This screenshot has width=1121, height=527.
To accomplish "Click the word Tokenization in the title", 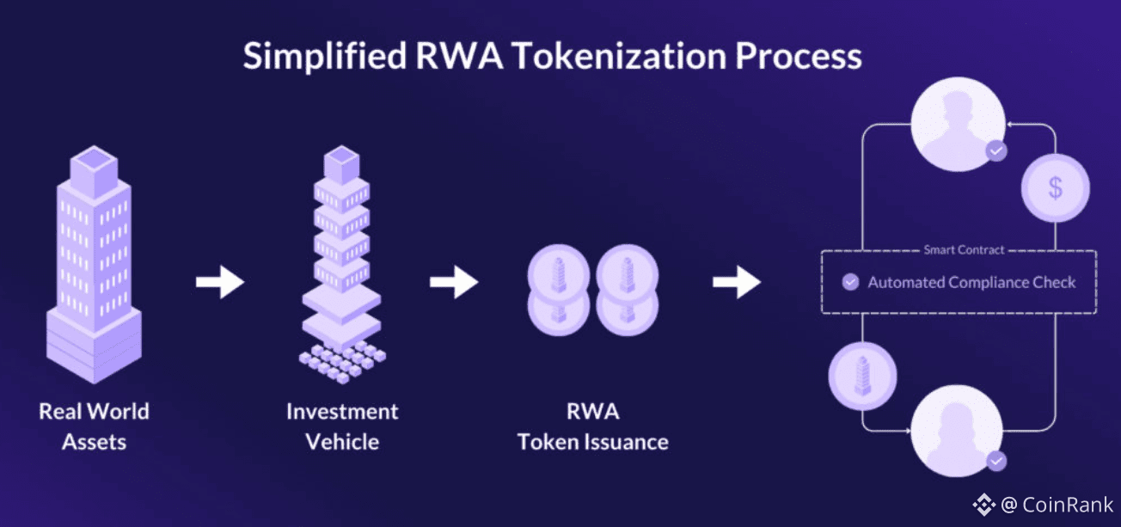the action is pyautogui.click(x=621, y=56).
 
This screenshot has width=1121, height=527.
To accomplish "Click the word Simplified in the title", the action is pyautogui.click(x=325, y=57).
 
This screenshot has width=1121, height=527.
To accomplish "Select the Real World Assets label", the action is pyautogui.click(x=94, y=426).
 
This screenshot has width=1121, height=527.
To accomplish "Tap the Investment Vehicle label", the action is pyautogui.click(x=342, y=426).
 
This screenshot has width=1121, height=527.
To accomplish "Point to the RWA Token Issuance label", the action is pyautogui.click(x=592, y=426).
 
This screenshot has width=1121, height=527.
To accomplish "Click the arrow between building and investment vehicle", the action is pyautogui.click(x=220, y=282).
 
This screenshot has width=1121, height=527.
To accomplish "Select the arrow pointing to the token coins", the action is pyautogui.click(x=454, y=282).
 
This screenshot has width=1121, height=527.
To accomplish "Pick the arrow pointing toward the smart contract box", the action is pyautogui.click(x=737, y=282).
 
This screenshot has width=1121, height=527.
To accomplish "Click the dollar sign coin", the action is pyautogui.click(x=1056, y=188).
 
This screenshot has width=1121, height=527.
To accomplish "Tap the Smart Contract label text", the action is pyautogui.click(x=964, y=249).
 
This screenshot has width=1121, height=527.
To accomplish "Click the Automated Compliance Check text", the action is pyautogui.click(x=971, y=283).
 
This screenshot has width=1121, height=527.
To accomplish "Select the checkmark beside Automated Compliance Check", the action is pyautogui.click(x=850, y=282).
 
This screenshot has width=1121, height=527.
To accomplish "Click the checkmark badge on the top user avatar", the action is pyautogui.click(x=996, y=150).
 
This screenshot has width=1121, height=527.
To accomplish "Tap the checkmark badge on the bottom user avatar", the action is pyautogui.click(x=996, y=461).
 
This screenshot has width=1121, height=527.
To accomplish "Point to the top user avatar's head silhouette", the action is pyautogui.click(x=958, y=107).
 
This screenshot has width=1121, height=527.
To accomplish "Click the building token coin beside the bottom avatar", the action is pyautogui.click(x=862, y=376).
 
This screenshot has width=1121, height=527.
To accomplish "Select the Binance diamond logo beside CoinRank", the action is pyautogui.click(x=983, y=505).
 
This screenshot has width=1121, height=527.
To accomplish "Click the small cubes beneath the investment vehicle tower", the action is pyautogui.click(x=342, y=362).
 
